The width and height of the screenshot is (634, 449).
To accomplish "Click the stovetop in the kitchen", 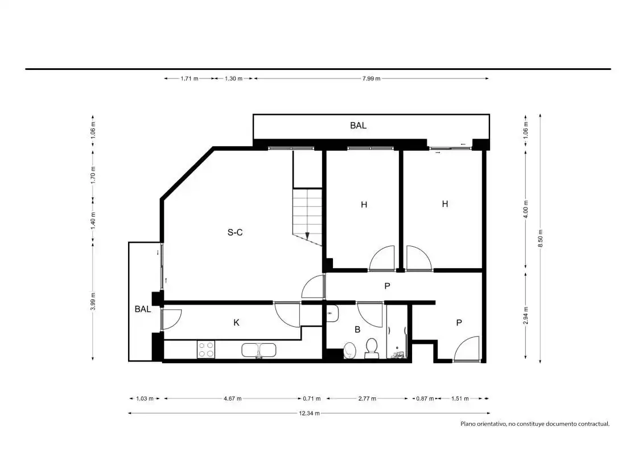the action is [x=206, y=350].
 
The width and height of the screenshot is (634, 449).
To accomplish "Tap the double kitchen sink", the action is [x=259, y=350].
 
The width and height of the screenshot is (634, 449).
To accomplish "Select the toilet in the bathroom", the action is [x=372, y=349].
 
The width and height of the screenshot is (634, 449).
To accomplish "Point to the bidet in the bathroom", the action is [x=350, y=351].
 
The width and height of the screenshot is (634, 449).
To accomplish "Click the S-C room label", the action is [x=235, y=232].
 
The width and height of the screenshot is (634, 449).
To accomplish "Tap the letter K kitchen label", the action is [x=237, y=323].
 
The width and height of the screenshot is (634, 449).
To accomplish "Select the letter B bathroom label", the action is [x=357, y=330].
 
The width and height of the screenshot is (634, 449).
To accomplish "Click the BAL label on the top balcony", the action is [x=358, y=126].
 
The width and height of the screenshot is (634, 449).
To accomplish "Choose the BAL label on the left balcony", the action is [x=143, y=309].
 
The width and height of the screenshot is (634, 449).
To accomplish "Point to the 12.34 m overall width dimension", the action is [x=310, y=413].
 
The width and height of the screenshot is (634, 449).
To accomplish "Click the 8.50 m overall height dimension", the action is [x=541, y=239].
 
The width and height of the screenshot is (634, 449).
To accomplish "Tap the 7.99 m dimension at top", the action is [x=371, y=79].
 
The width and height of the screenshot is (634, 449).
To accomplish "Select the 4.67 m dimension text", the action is [x=233, y=398].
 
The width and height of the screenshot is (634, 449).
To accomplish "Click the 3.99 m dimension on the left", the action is [x=93, y=301].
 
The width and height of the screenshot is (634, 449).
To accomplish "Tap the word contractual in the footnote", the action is [x=594, y=424].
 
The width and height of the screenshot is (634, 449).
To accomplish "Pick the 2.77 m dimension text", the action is [x=367, y=398].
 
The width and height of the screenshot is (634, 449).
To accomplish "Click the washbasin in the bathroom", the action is [x=332, y=313].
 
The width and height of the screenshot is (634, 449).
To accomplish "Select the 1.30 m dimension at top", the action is [x=233, y=79].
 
